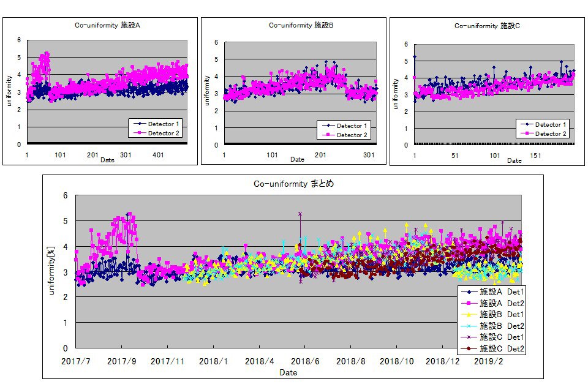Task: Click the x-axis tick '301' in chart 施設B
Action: click(369, 156)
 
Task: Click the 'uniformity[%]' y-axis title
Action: click(53, 270)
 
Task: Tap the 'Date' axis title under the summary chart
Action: click(288, 372)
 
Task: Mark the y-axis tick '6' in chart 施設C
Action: click(407, 44)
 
